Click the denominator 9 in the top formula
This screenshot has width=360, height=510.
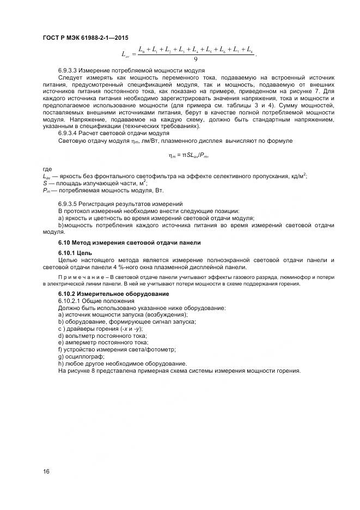click(195, 60)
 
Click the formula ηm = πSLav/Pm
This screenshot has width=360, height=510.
click(188, 156)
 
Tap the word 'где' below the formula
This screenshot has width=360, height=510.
click(47, 169)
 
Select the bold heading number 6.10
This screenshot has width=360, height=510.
click(65, 242)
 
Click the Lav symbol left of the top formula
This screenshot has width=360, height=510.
click(125, 54)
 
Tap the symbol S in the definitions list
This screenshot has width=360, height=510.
click(44, 184)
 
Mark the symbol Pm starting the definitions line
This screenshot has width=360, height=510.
click(46, 191)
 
